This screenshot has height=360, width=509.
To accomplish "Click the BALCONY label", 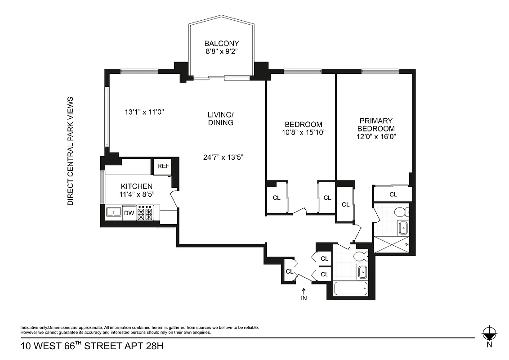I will click(x=222, y=44).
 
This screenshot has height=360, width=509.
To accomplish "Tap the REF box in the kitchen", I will click(x=163, y=166).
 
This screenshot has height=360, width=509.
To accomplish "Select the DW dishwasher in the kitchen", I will click(x=129, y=213).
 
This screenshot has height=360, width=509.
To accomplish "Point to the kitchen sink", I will click(x=114, y=212).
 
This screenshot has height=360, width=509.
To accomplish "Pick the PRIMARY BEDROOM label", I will click(x=375, y=125).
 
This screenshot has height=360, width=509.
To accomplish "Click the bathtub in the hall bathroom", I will click(x=351, y=288).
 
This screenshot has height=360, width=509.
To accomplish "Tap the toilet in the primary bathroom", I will click(x=400, y=211).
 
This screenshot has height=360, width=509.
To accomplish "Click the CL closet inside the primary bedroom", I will click(x=393, y=194).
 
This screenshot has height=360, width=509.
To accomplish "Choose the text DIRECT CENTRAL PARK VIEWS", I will click(x=70, y=151).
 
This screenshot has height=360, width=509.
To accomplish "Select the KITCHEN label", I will click(x=136, y=186).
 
